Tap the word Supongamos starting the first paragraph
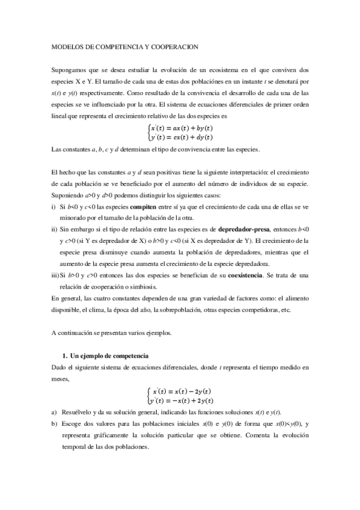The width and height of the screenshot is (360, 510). click(x=70, y=70)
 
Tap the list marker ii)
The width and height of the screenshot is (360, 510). click(x=55, y=229)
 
